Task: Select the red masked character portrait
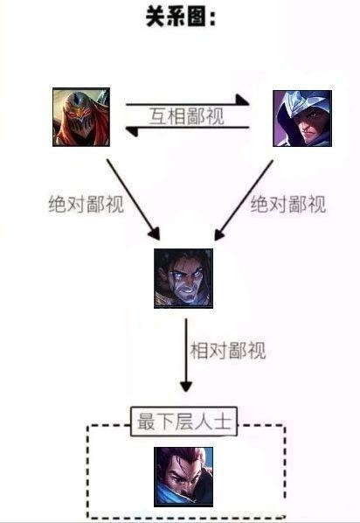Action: [x=81, y=117]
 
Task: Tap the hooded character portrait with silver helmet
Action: [x=302, y=118]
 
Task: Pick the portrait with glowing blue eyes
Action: [x=183, y=278]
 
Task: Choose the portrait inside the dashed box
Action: [x=183, y=477]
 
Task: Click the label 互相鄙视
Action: [x=186, y=116]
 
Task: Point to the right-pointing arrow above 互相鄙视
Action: [x=187, y=102]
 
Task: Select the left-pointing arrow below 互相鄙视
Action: [x=187, y=129]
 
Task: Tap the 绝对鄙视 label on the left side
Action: [x=87, y=204]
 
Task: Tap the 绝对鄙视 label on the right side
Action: [x=288, y=204]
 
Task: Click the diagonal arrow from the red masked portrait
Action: [x=134, y=199]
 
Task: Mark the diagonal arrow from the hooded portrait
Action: [x=244, y=200]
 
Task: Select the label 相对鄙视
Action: [x=228, y=351]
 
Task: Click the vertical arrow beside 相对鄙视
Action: [x=186, y=355]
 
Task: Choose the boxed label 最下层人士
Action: [x=184, y=422]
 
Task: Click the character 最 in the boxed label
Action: [x=146, y=422]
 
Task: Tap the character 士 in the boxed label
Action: [x=223, y=422]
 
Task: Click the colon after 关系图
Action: [x=212, y=17]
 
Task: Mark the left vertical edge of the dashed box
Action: [x=87, y=471]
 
